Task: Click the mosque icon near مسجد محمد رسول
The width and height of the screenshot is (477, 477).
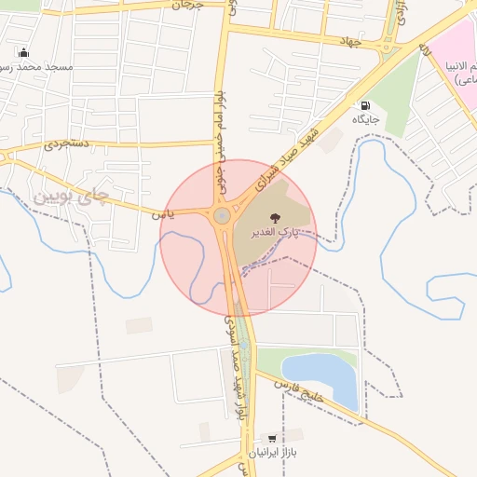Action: [23, 52]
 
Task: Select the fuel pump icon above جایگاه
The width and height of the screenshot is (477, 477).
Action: [364, 105]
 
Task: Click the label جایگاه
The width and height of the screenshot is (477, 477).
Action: [365, 119]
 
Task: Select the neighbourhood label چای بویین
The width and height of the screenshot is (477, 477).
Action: [70, 198]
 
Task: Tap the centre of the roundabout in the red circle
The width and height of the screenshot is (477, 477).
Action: [223, 217]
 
